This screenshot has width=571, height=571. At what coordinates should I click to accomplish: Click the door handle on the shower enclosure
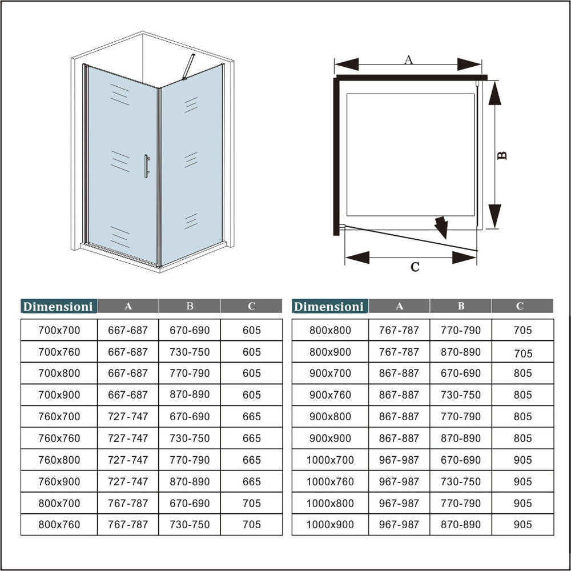pyautogui.click(x=146, y=166)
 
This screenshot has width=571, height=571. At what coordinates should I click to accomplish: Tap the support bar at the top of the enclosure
pyautogui.click(x=188, y=67)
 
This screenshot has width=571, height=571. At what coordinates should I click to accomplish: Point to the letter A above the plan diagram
pyautogui.click(x=408, y=59)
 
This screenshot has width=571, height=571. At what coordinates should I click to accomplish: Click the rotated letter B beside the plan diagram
pyautogui.click(x=502, y=155)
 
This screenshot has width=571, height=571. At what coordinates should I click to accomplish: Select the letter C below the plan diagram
pyautogui.click(x=415, y=266)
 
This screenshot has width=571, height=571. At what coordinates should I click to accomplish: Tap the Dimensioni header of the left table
pyautogui.click(x=58, y=307)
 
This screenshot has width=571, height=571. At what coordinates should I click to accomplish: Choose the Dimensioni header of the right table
pyautogui.click(x=329, y=307)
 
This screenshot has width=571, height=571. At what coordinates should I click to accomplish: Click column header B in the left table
pyautogui.click(x=190, y=307)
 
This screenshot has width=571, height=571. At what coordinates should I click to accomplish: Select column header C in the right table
pyautogui.click(x=520, y=307)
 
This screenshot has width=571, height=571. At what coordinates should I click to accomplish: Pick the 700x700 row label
pyautogui.click(x=59, y=330)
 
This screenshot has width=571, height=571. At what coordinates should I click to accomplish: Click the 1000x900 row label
pyautogui.click(x=330, y=524)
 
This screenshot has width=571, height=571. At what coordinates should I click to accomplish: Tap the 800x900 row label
pyautogui.click(x=330, y=352)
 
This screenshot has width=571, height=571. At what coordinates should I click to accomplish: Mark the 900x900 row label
pyautogui.click(x=330, y=439)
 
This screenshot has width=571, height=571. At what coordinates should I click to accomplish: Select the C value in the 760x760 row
pyautogui.click(x=251, y=439)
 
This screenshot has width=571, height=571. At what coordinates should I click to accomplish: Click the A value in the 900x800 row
pyautogui.click(x=399, y=417)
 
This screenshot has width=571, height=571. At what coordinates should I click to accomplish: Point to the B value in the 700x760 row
pyautogui.click(x=190, y=352)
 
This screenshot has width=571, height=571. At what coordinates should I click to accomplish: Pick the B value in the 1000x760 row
pyautogui.click(x=461, y=482)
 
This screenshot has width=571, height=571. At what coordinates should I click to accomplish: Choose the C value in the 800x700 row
pyautogui.click(x=251, y=503)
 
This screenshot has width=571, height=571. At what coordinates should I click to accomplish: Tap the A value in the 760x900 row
pyautogui.click(x=128, y=482)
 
